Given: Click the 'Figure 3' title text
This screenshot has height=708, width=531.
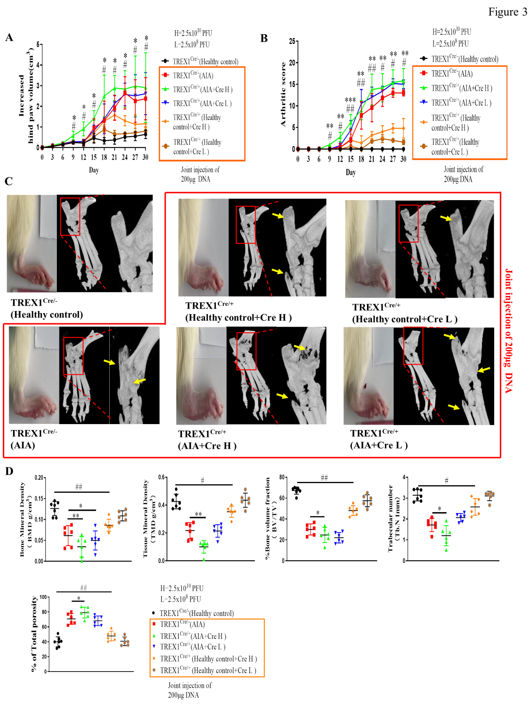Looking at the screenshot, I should (507, 12).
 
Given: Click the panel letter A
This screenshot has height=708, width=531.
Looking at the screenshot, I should (9, 38).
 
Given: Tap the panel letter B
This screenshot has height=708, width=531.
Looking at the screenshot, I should (264, 39).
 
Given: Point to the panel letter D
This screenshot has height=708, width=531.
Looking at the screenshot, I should (9, 471).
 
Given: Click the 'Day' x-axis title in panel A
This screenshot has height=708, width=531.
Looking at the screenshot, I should (94, 170).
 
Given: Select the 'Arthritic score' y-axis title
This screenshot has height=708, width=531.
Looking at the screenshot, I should (283, 95).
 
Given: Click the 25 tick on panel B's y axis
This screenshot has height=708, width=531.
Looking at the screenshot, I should (292, 41).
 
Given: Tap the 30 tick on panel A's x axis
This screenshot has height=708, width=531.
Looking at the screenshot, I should (145, 157).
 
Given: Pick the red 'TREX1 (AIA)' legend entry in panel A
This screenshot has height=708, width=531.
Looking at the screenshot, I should (192, 75).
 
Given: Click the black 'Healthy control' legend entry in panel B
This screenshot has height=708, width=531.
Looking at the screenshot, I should (464, 59).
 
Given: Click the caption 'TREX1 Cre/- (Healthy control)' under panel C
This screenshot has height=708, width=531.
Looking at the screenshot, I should (46, 308).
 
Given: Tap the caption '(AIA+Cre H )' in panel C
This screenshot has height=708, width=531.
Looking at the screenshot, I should (207, 446).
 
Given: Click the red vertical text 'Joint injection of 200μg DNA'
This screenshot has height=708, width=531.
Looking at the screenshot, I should (509, 331).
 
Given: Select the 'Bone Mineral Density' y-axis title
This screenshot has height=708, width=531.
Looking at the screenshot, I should (23, 519).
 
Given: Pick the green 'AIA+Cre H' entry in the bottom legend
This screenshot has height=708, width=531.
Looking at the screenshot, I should (192, 636).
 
